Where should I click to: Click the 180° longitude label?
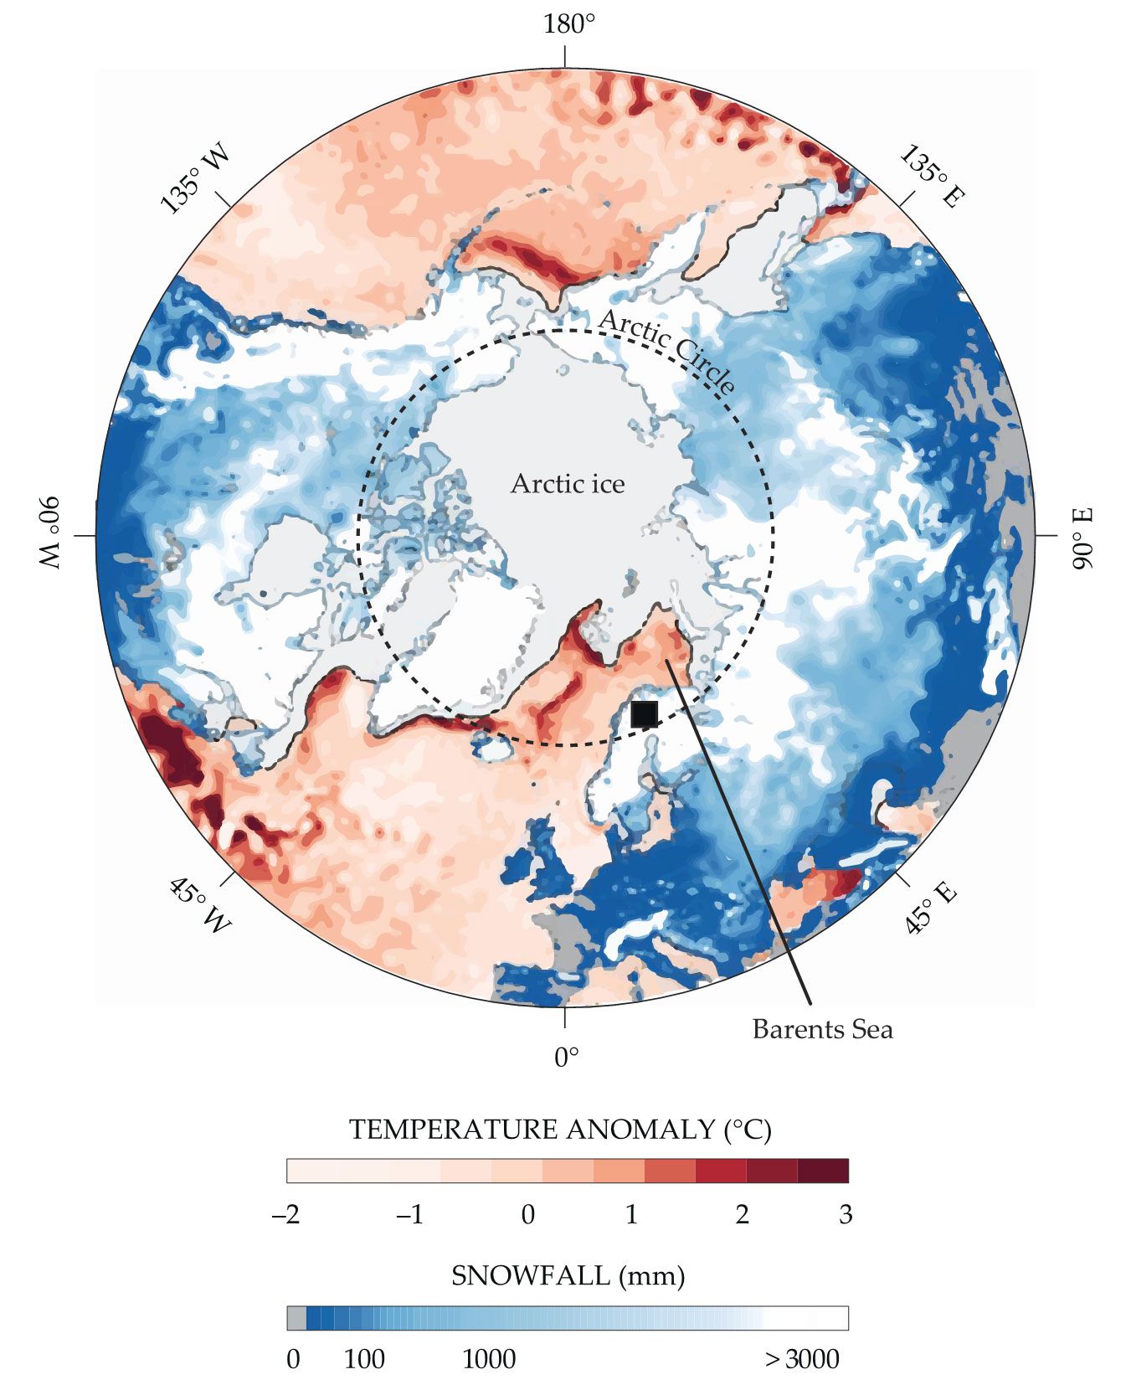568,24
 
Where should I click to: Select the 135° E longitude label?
933,177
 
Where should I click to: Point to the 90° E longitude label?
1083,538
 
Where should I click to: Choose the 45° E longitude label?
929,907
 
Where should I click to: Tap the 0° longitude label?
567,1058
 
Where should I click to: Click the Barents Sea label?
822,1029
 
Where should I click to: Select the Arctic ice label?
568,484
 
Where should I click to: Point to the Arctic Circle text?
667,350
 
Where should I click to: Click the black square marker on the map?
644,714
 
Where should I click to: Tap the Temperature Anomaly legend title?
560,1130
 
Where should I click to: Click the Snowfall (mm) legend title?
568,1276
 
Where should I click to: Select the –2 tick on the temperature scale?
286,1214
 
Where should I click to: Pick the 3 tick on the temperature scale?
846,1214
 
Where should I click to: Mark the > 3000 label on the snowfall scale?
801,1359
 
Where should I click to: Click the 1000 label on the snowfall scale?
489,1359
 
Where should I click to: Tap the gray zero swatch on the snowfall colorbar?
296,1318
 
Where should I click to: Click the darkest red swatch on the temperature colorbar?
823,1171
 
